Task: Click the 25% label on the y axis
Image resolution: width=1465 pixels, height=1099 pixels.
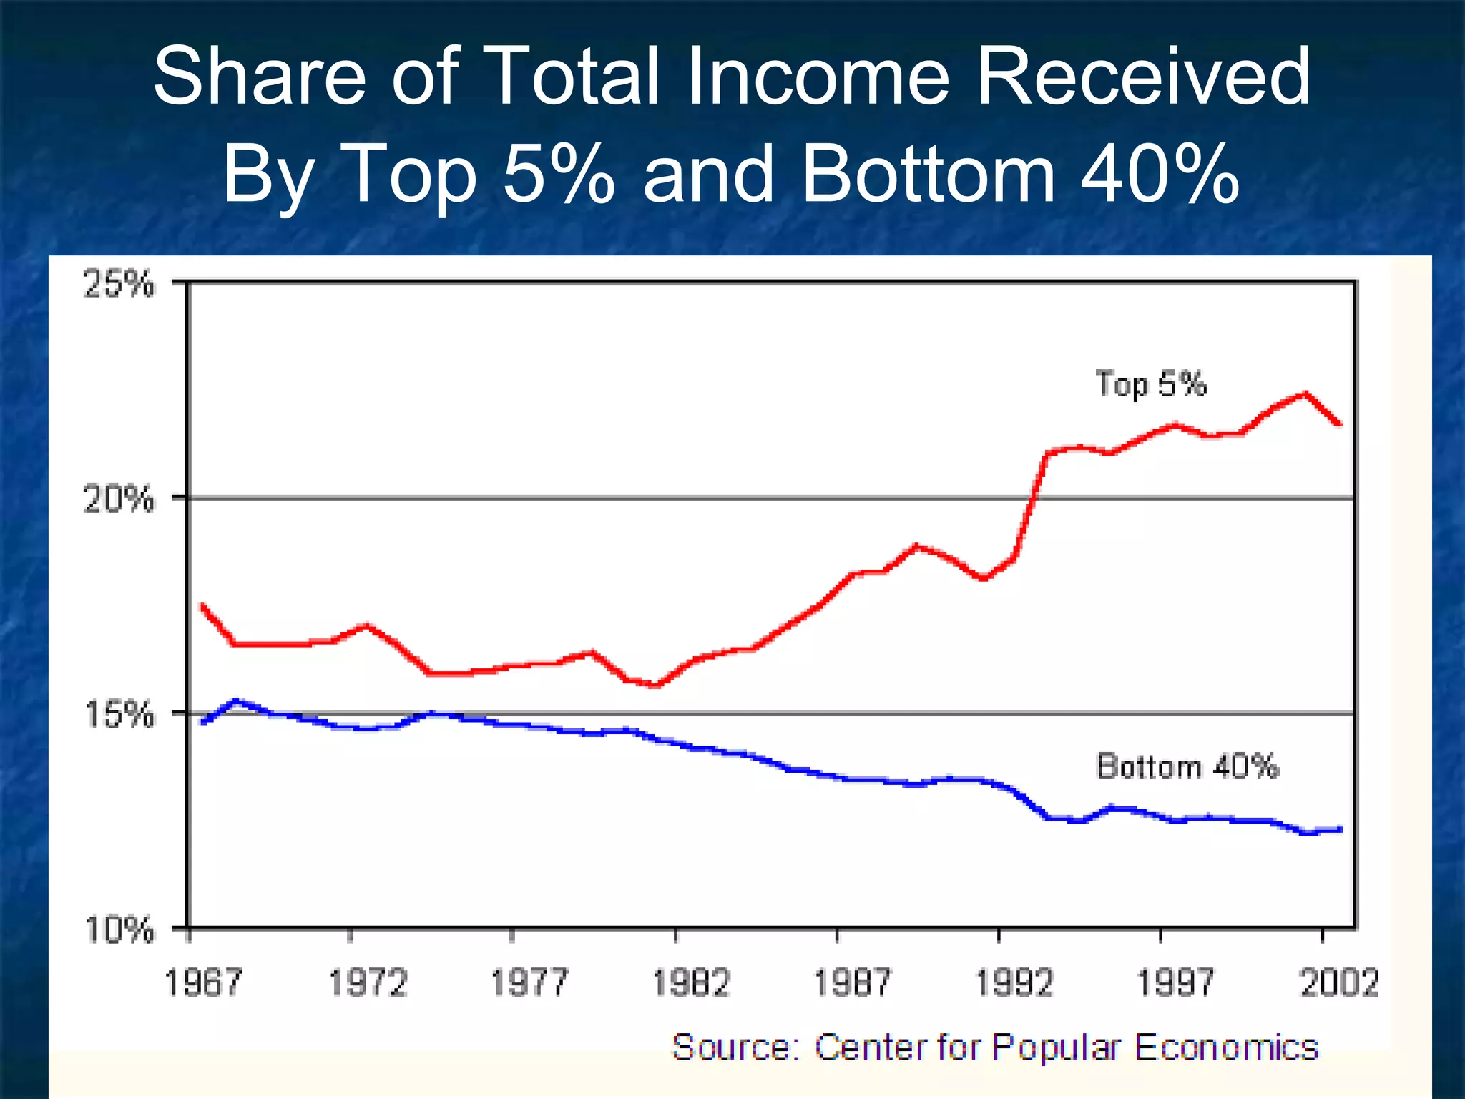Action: tap(119, 284)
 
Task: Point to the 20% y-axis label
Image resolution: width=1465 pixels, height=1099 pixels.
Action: tap(119, 499)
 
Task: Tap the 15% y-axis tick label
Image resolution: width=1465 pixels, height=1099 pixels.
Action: tap(119, 714)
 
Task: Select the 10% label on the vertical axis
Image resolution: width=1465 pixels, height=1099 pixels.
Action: tap(119, 929)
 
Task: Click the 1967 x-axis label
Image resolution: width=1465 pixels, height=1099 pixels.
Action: tap(204, 982)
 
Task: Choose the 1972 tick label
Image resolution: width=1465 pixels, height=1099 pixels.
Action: tap(368, 982)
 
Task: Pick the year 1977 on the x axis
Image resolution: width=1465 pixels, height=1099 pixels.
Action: tap(529, 982)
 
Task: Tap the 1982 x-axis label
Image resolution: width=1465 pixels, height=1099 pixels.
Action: tap(691, 982)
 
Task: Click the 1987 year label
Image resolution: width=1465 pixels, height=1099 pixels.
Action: tap(853, 982)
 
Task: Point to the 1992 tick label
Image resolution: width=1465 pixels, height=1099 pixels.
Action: tap(1014, 982)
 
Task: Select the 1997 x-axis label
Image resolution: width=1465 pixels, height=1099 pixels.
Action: tap(1176, 982)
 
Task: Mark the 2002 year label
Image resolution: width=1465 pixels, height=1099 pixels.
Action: tap(1338, 982)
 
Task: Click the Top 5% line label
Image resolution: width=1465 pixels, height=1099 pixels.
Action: tap(1151, 384)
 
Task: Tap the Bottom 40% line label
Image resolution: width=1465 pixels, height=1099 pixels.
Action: tap(1187, 766)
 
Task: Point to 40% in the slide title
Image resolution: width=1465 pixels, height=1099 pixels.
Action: tap(1160, 174)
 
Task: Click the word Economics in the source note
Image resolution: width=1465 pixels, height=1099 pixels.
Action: tap(1226, 1047)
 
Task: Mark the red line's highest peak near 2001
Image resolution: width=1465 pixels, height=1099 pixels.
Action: tap(1305, 393)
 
